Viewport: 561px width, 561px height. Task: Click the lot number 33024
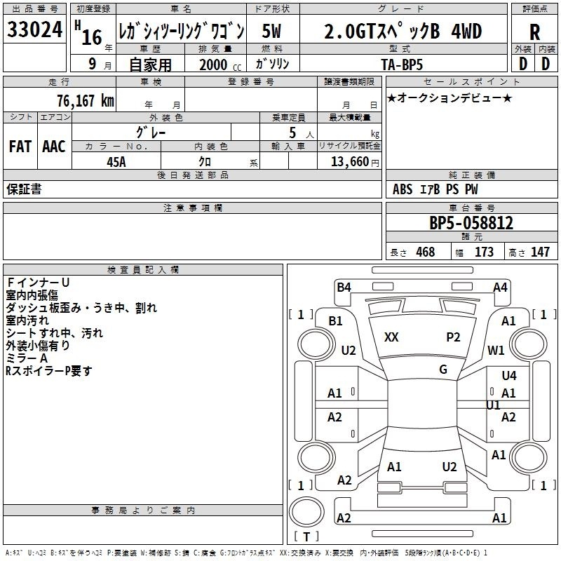pyautogui.click(x=34, y=30)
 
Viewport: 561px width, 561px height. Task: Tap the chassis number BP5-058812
pyautogui.click(x=471, y=224)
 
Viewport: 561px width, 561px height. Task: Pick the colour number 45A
pyautogui.click(x=116, y=161)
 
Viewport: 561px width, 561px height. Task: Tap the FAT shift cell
pyautogui.click(x=20, y=147)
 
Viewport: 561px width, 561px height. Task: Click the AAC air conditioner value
pyautogui.click(x=53, y=147)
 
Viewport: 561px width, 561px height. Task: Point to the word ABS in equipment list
pyautogui.click(x=403, y=189)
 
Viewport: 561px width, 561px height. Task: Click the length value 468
pyautogui.click(x=425, y=252)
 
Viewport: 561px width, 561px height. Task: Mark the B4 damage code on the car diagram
pyautogui.click(x=344, y=287)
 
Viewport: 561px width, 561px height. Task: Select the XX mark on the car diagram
pyautogui.click(x=391, y=337)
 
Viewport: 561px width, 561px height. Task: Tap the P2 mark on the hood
pyautogui.click(x=453, y=337)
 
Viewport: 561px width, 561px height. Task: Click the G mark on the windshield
pyautogui.click(x=443, y=370)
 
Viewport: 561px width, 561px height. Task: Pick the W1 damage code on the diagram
pyautogui.click(x=496, y=350)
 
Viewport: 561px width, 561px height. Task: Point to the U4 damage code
pyautogui.click(x=508, y=377)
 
